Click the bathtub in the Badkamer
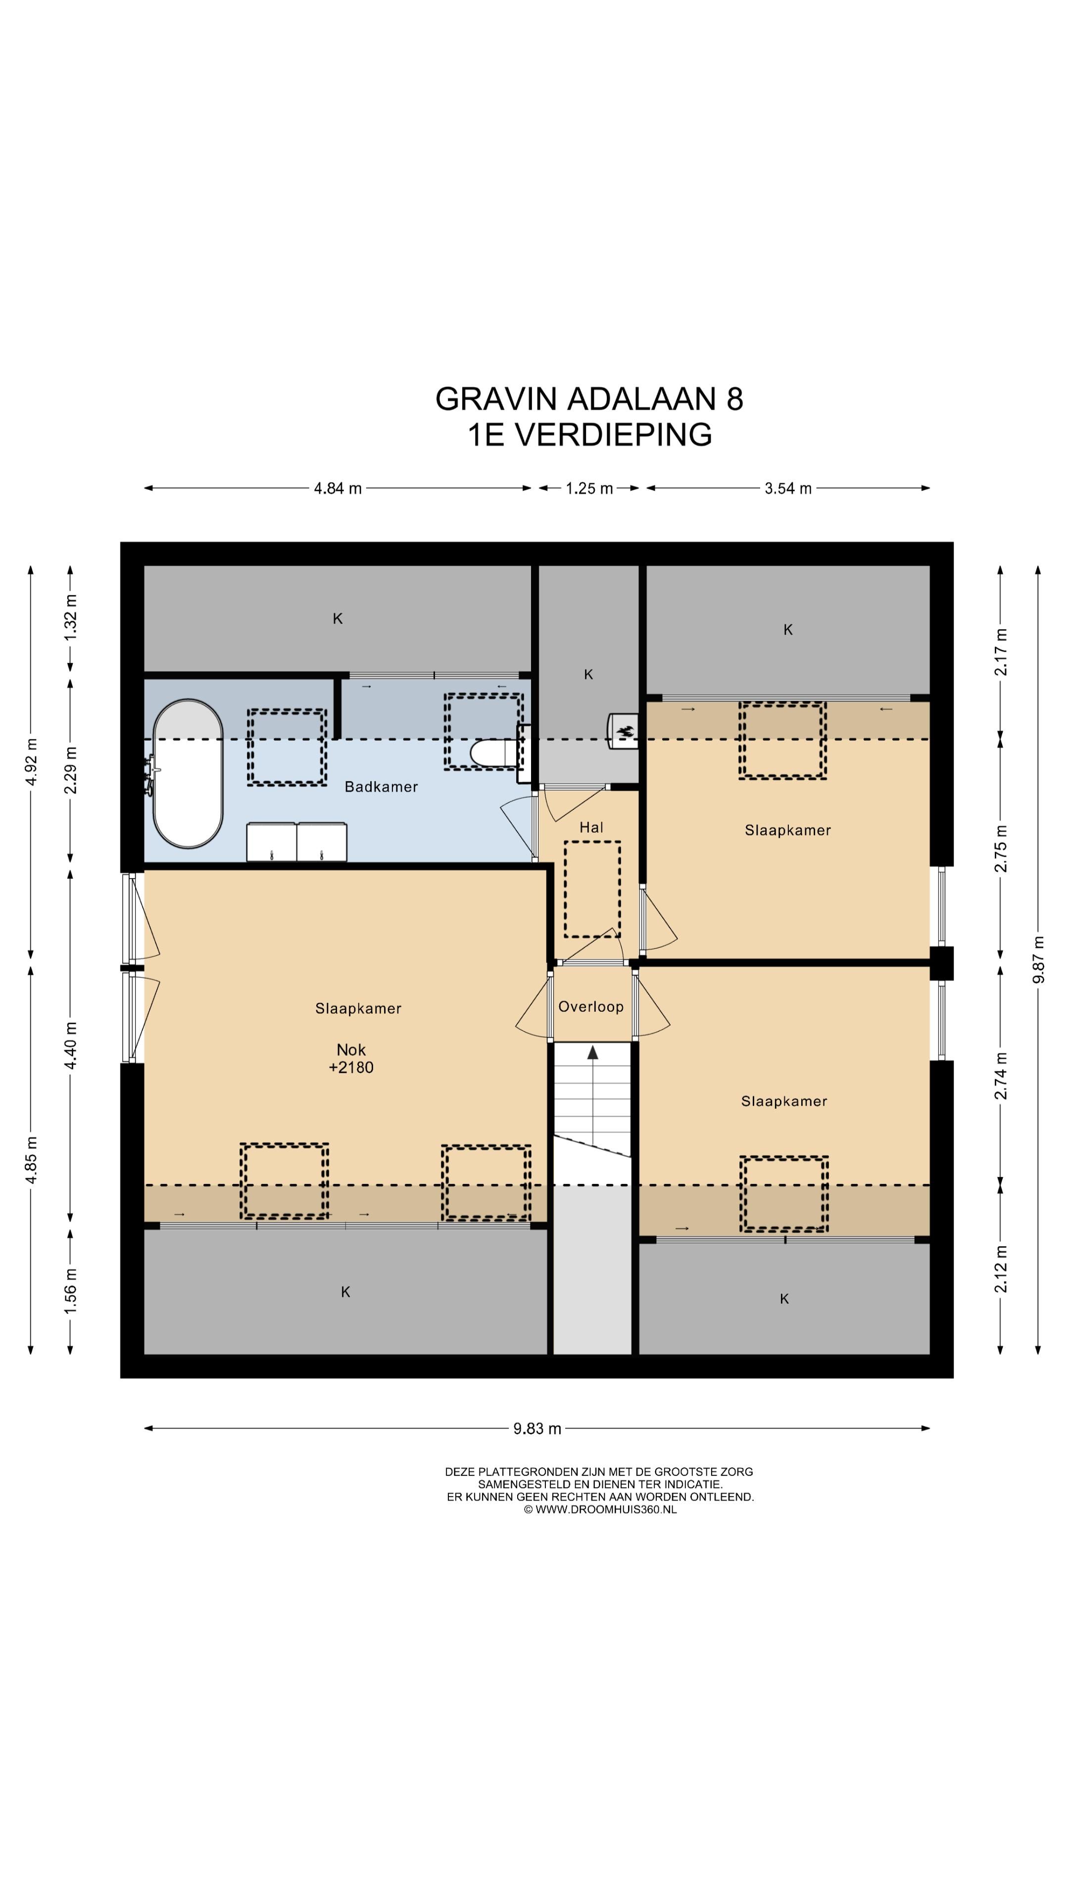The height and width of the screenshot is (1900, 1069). pyautogui.click(x=188, y=774)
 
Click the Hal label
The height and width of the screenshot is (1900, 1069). pyautogui.click(x=591, y=828)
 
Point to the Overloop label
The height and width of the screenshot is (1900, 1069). pyautogui.click(x=591, y=1007)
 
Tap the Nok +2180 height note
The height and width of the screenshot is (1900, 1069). pyautogui.click(x=351, y=1058)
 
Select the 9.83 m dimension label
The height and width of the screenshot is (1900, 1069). pyautogui.click(x=537, y=1428)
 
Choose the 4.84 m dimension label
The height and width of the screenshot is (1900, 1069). pyautogui.click(x=338, y=488)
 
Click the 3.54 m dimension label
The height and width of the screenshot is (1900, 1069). pyautogui.click(x=788, y=488)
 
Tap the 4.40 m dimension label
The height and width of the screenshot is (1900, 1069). pyautogui.click(x=70, y=1045)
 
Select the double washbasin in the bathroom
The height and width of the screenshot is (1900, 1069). pyautogui.click(x=296, y=842)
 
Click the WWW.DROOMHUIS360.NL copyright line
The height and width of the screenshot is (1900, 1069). pyautogui.click(x=600, y=1509)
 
